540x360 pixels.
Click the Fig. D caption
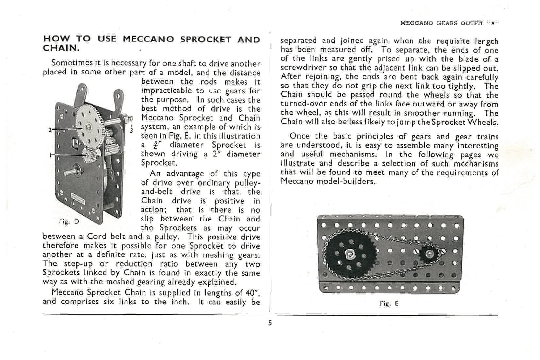coord(69,221)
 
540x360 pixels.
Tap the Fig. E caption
coord(389,303)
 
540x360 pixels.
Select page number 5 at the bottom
coord(270,323)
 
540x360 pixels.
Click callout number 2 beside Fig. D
coord(50,130)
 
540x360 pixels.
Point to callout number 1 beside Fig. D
coord(50,155)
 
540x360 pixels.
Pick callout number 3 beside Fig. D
coord(131,131)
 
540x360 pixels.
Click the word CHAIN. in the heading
coord(61,48)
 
